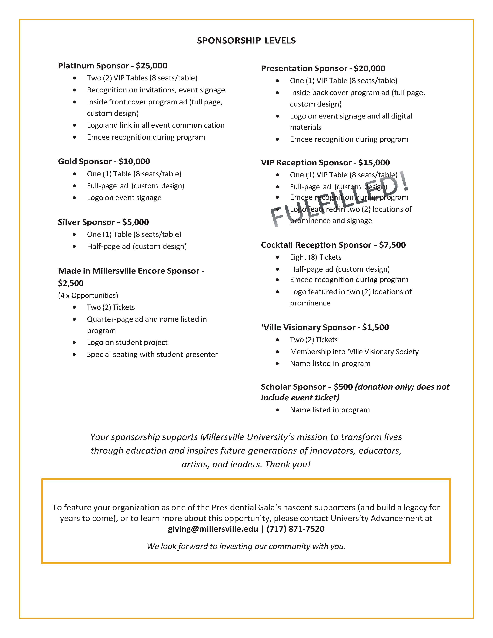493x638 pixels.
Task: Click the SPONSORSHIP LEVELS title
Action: point(246,41)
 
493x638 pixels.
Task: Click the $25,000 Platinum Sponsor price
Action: point(151,66)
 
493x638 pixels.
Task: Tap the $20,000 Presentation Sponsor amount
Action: point(369,68)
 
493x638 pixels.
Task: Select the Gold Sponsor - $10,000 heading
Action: point(104,162)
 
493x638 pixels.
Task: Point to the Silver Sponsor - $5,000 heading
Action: point(103,222)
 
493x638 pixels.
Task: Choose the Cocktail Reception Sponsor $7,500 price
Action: point(392,245)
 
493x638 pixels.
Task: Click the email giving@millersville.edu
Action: point(213,529)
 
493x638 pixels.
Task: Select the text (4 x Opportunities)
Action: point(88,295)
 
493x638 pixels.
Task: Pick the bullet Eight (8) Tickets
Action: point(316,257)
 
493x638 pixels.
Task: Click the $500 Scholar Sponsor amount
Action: point(343,387)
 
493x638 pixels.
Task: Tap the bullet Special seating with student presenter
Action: point(152,354)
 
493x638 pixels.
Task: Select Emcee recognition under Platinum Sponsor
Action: point(146,137)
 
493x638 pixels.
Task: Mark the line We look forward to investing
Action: point(246,546)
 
